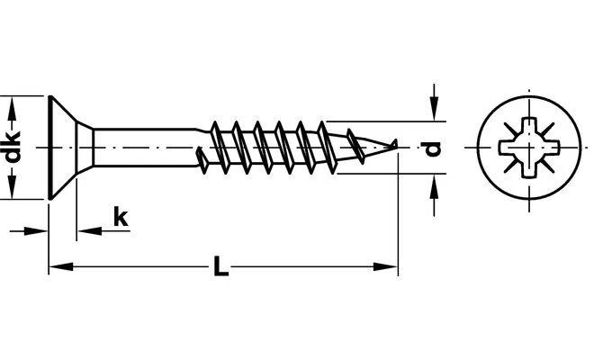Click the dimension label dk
coord(13,147)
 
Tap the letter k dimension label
coord(121,217)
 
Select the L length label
coord(220,266)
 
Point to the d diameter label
coord(432,148)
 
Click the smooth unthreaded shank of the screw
coord(146,148)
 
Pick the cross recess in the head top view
coord(529,148)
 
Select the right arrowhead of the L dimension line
coord(385,266)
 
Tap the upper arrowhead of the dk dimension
coord(13,108)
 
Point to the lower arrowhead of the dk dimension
coord(13,187)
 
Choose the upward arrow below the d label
coord(434,194)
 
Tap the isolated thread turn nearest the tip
coord(356,147)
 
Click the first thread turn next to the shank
coord(202,161)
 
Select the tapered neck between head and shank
coord(85,148)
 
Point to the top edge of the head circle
coord(529,96)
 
